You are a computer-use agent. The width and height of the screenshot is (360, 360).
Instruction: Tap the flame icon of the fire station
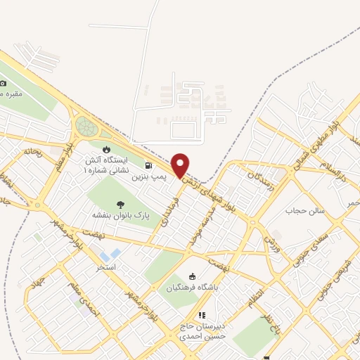106,149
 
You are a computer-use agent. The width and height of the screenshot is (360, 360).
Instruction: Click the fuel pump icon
147,167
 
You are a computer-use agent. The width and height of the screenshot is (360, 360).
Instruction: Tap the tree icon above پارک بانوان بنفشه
116,203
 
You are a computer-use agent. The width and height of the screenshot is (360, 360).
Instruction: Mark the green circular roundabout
86,127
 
